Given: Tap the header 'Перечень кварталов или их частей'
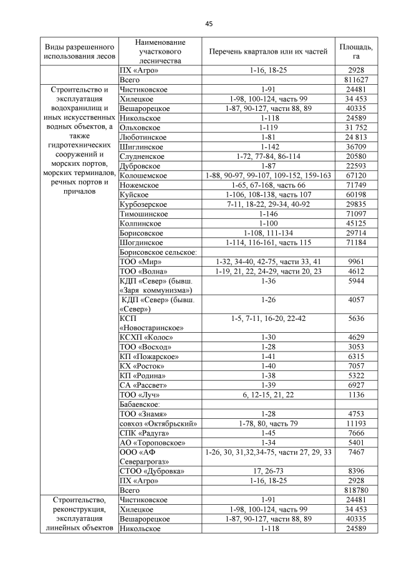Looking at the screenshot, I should pos(267,52).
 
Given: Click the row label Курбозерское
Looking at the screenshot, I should pos(144,204).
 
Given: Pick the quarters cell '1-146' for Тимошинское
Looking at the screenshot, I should pos(267,214).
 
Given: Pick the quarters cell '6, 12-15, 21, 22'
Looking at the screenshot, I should pos(267,395).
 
